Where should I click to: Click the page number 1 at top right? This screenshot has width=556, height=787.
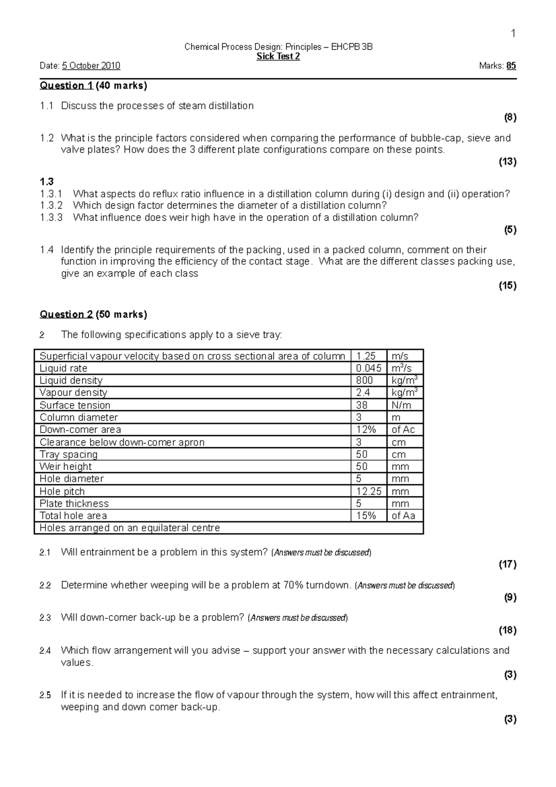click(513, 33)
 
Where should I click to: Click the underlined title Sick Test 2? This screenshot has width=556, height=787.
click(278, 57)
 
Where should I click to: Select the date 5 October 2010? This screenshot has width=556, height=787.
click(91, 66)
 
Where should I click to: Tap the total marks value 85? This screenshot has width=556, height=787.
click(511, 66)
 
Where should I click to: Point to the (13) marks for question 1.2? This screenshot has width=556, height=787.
click(507, 162)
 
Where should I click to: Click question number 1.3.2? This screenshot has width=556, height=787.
click(51, 206)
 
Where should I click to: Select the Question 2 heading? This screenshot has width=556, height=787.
click(67, 315)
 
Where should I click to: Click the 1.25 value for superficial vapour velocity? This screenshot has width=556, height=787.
click(366, 356)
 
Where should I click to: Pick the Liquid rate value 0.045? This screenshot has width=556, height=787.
click(368, 368)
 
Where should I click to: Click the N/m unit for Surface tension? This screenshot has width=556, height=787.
click(401, 405)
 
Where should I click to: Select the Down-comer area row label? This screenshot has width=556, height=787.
click(81, 430)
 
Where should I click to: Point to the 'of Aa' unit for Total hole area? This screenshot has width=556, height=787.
click(404, 516)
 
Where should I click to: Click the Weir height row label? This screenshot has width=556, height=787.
click(66, 467)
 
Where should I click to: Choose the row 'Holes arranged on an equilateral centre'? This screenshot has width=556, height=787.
click(130, 528)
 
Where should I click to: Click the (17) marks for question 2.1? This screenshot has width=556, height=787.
click(507, 565)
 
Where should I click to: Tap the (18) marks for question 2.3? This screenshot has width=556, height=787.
click(507, 630)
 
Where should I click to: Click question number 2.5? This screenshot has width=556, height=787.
click(45, 695)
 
